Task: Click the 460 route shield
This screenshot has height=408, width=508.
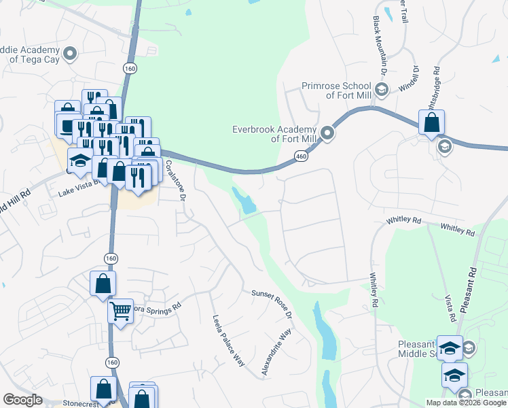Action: click(x=301, y=157)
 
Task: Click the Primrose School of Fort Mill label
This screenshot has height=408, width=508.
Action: click(x=336, y=90)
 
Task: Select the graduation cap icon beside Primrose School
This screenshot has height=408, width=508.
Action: click(x=382, y=89)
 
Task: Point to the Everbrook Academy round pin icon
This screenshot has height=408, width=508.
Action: click(x=327, y=133)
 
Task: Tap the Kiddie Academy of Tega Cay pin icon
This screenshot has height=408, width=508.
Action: click(x=69, y=53)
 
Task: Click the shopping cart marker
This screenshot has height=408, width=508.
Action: click(x=120, y=311)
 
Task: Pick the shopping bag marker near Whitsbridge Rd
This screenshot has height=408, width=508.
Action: click(x=431, y=123)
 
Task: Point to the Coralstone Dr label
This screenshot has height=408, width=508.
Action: click(x=176, y=177)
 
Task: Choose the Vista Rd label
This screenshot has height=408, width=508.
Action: click(x=449, y=308)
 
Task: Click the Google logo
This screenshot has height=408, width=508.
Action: click(x=22, y=400)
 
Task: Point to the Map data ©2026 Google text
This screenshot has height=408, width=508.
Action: click(x=466, y=402)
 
